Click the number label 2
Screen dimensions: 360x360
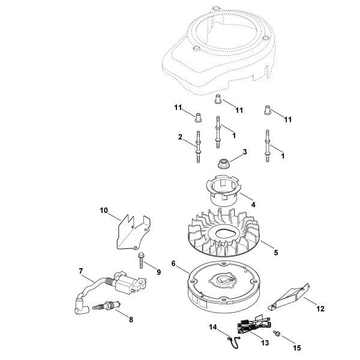(164, 137)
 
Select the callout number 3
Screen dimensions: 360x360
(245, 152)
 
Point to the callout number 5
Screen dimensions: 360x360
(275, 253)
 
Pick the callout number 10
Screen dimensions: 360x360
(103, 211)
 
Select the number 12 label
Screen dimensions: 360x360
(320, 308)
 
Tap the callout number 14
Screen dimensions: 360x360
(212, 327)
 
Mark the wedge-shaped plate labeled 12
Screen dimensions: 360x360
(290, 296)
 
